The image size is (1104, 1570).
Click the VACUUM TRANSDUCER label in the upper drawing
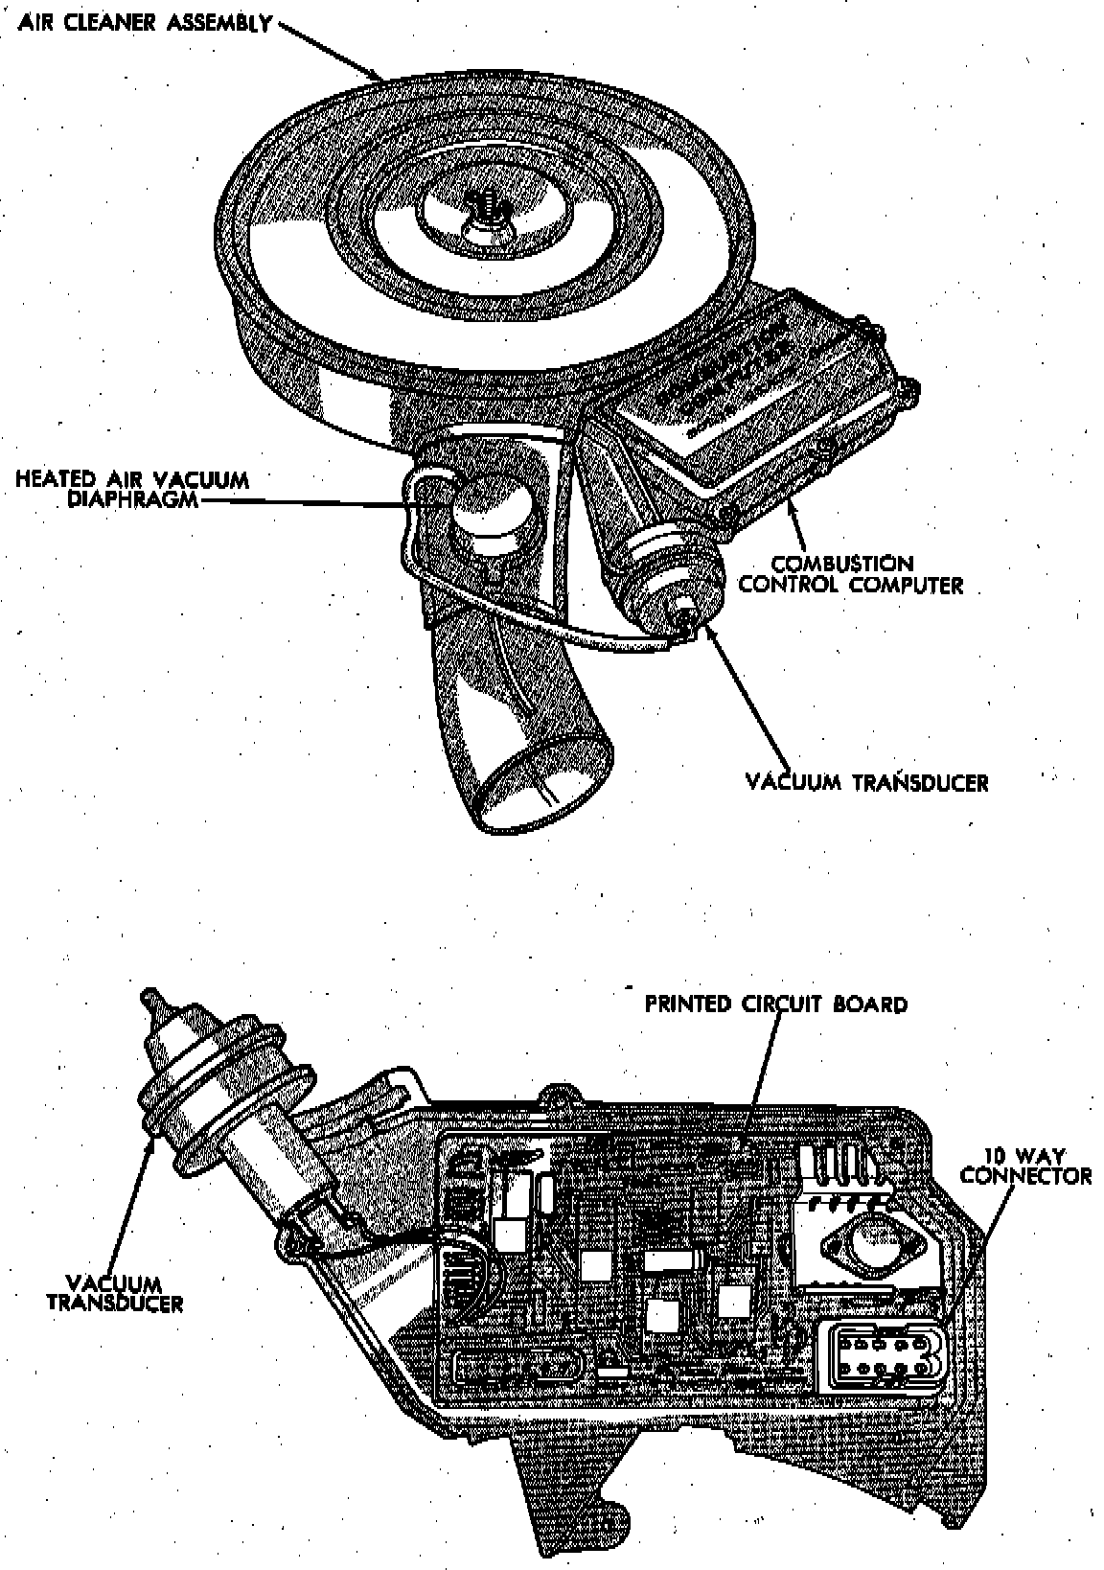[866, 782]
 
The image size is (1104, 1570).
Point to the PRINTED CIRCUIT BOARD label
[775, 1004]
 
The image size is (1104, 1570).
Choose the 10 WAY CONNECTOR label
[1025, 1166]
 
